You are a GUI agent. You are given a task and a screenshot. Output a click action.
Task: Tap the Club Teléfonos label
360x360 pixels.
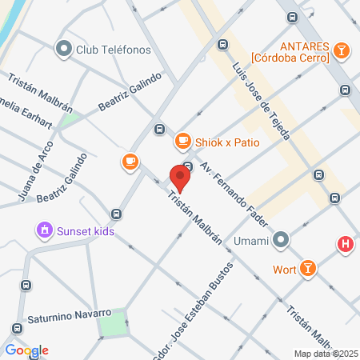[113, 50]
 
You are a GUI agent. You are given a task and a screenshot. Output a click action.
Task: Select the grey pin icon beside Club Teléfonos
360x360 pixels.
[63, 50]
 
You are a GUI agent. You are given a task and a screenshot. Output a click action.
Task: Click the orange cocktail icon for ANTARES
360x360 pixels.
[342, 50]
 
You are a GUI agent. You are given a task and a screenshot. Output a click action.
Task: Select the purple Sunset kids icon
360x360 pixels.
[44, 231]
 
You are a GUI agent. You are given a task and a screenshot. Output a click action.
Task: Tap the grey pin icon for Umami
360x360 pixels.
[280, 239]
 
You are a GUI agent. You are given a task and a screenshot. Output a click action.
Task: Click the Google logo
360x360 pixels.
[26, 350]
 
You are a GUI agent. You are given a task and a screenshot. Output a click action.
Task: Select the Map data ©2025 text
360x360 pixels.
[324, 354]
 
